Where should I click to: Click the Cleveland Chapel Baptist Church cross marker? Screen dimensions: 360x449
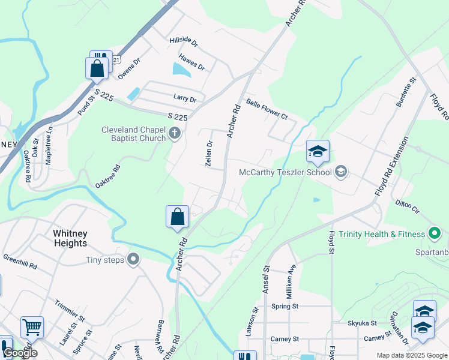pyautogui.click(x=175, y=133)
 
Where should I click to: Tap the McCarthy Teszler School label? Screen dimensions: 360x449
pyautogui.click(x=285, y=173)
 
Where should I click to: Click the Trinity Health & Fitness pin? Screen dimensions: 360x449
pyautogui.click(x=435, y=233)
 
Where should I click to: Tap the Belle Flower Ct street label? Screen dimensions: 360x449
pyautogui.click(x=267, y=110)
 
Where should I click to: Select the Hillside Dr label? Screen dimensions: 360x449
pyautogui.click(x=184, y=41)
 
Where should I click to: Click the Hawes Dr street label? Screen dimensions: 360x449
pyautogui.click(x=191, y=62)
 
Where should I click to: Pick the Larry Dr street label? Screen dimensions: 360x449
pyautogui.click(x=185, y=98)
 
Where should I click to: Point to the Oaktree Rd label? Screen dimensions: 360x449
pyautogui.click(x=108, y=176)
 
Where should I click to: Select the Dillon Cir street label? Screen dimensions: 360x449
pyautogui.click(x=407, y=205)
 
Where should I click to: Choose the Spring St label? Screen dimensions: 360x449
pyautogui.click(x=285, y=306)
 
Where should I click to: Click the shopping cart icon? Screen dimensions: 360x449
pyautogui.click(x=32, y=328)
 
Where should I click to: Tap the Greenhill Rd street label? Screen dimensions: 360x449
pyautogui.click(x=20, y=262)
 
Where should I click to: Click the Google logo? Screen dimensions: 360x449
pyautogui.click(x=20, y=353)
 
